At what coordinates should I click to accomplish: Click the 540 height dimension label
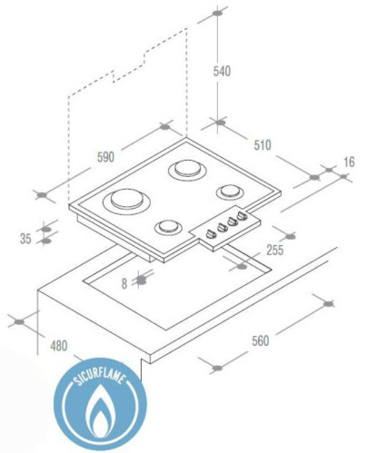pos(222,72)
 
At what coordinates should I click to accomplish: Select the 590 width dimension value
pos(105,157)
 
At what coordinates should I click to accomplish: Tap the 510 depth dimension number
pos(263,145)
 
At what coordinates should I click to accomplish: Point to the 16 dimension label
pos(349,162)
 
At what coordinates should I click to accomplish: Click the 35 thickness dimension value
pos(25,239)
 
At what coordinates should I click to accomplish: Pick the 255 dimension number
pos(275,250)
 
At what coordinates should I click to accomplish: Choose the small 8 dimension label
pos(124,284)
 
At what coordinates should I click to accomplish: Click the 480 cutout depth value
pos(59,346)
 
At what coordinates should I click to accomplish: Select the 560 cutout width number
pos(261,340)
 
